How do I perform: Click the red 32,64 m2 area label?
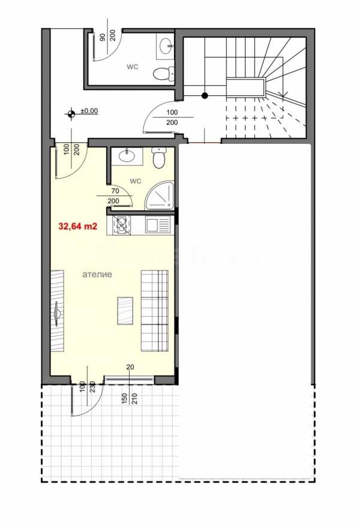pyautogui.click(x=78, y=227)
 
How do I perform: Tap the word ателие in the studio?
pyautogui.click(x=97, y=275)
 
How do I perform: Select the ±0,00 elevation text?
pyautogui.click(x=89, y=111)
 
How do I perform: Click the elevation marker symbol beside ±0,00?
pyautogui.click(x=71, y=114)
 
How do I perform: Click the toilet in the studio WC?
pyautogui.click(x=158, y=158)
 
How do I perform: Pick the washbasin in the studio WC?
pyautogui.click(x=127, y=157)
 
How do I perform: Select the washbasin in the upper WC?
pyautogui.click(x=166, y=46)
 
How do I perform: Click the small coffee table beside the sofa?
pyautogui.click(x=125, y=311)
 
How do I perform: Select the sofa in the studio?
pyautogui.click(x=154, y=311)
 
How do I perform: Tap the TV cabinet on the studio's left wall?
pyautogui.click(x=57, y=311)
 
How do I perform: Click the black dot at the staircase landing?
pyautogui.click(x=205, y=96)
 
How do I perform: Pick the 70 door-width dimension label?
pyautogui.click(x=115, y=191)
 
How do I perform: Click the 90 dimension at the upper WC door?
pyautogui.click(x=103, y=37)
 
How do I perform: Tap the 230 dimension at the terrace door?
pyautogui.click(x=93, y=387)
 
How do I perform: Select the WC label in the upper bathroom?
pyautogui.click(x=132, y=67)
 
